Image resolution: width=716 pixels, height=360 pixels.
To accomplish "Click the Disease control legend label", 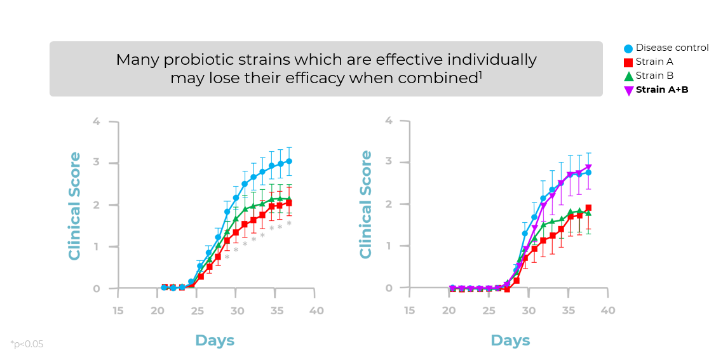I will click(x=672, y=48).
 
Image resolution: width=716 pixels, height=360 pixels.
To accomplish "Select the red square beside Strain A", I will click(x=628, y=62).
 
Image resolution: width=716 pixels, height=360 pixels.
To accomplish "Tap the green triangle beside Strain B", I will click(x=628, y=76).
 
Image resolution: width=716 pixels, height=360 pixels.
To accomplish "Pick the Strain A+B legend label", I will click(x=662, y=90).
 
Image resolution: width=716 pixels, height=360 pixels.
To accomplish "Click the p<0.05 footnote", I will click(x=27, y=344).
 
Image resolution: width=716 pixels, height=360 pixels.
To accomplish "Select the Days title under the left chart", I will click(x=215, y=340).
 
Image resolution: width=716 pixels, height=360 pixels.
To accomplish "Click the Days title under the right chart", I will click(x=510, y=340).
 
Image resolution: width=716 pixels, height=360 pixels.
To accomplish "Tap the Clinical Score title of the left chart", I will click(x=75, y=206).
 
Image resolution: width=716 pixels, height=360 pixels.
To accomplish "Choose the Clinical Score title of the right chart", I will click(x=366, y=204).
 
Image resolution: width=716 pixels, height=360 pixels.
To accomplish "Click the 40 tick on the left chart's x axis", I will click(x=316, y=310).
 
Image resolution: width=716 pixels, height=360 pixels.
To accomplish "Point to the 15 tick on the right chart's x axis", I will click(x=409, y=310).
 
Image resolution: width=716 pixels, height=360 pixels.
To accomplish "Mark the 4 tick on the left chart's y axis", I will click(x=96, y=121).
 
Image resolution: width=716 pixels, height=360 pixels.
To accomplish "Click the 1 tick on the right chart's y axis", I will click(x=388, y=246).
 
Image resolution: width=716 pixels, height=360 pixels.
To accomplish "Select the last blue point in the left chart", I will click(x=289, y=161).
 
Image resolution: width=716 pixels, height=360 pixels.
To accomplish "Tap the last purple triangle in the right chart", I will click(x=588, y=168).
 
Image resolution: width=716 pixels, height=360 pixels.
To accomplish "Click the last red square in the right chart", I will click(x=588, y=208).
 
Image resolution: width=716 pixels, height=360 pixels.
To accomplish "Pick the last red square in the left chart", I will click(x=289, y=203).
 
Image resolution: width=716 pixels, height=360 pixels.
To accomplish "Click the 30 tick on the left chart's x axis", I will click(x=237, y=310).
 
